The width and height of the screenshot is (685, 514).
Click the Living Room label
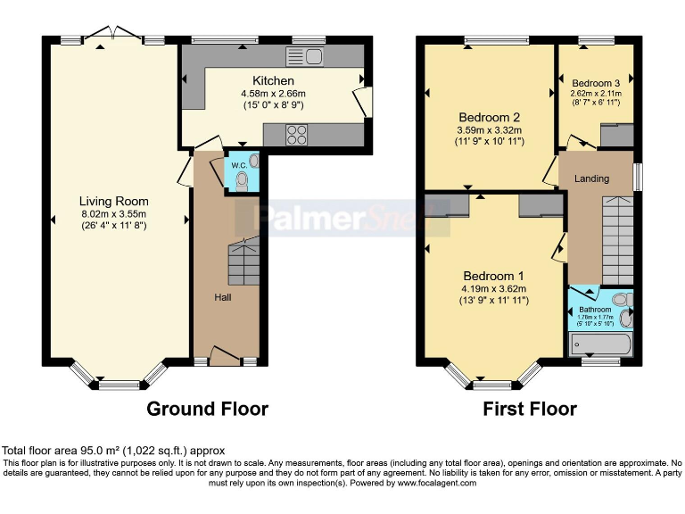point(113,201)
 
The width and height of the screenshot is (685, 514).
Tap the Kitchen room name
point(273,81)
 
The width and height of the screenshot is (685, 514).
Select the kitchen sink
point(304,56)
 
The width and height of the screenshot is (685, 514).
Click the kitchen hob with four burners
point(296,135)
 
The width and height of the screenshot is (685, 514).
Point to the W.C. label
point(239,164)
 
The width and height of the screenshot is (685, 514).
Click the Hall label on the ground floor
point(222,296)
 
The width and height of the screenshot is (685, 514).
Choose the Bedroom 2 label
point(489,117)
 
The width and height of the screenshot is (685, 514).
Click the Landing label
point(591,178)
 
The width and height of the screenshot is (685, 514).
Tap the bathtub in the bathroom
point(600,344)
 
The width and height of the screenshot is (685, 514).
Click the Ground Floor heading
point(207,409)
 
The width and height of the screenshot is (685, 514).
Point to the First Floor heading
point(529,409)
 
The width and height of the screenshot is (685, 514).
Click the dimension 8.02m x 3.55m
point(113,213)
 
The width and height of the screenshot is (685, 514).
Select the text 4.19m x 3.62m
point(493,288)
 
